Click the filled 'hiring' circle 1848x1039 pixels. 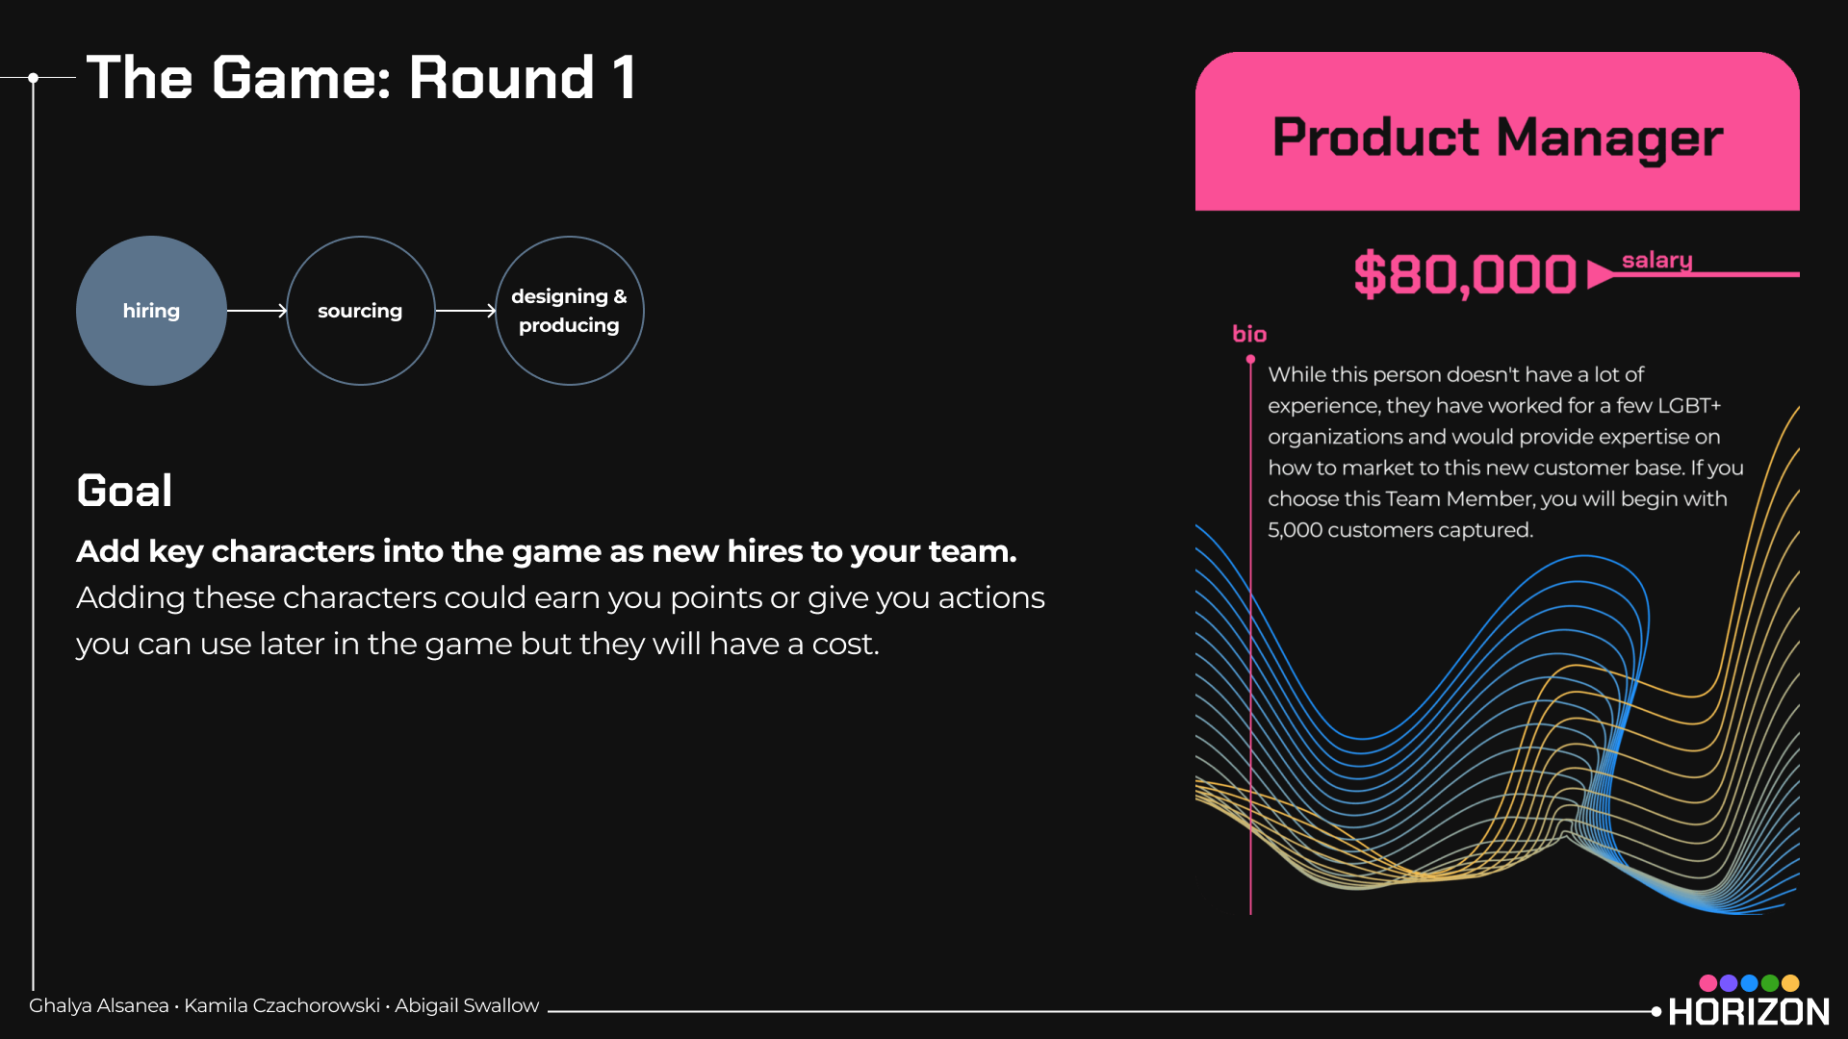[x=151, y=311]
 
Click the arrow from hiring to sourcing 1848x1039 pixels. [x=257, y=311]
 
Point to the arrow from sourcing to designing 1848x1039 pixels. [x=466, y=311]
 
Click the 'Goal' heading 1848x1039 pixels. [x=125, y=491]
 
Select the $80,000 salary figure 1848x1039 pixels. [x=1465, y=274]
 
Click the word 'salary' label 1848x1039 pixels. [x=1656, y=260]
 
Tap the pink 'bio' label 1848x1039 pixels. [x=1249, y=334]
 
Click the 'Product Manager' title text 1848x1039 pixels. [x=1498, y=138]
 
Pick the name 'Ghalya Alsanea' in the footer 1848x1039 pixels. [x=99, y=1005]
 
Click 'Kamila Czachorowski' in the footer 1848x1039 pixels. [x=282, y=1005]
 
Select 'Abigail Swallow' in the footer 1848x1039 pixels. [x=467, y=1005]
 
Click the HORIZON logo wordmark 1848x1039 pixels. [x=1749, y=1011]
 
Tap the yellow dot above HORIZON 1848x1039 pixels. [x=1790, y=983]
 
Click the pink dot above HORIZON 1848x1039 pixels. [x=1708, y=983]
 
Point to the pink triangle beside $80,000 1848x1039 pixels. [x=1600, y=274]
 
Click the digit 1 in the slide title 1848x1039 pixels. [x=624, y=77]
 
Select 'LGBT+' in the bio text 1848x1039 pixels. [x=1689, y=405]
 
